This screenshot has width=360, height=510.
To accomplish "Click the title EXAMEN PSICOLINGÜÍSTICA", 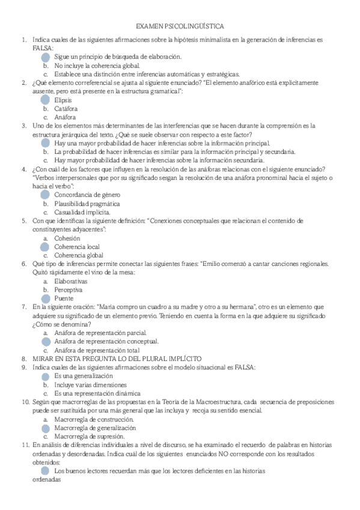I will (180, 27).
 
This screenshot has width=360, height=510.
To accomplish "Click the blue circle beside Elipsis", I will (46, 100).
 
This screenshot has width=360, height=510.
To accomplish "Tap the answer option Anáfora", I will (65, 117).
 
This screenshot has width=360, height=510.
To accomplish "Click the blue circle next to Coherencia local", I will (46, 247).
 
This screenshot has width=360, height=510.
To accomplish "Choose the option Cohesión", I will (67, 238).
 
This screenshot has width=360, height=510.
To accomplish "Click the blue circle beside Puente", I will (46, 298).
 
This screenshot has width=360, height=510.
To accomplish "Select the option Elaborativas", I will (70, 281).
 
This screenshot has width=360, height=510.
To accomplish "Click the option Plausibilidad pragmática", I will (82, 203).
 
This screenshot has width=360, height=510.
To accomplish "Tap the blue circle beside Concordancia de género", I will (46, 195).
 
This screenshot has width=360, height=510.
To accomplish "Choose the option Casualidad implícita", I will (82, 212).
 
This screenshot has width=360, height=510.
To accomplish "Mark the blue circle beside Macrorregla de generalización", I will (46, 428).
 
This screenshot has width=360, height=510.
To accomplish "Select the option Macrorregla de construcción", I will (93, 419).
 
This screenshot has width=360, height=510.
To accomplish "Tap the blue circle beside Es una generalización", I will (46, 376).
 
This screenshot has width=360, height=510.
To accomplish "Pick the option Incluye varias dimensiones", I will (90, 384).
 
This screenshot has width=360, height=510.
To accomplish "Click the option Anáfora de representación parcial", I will (100, 333).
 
